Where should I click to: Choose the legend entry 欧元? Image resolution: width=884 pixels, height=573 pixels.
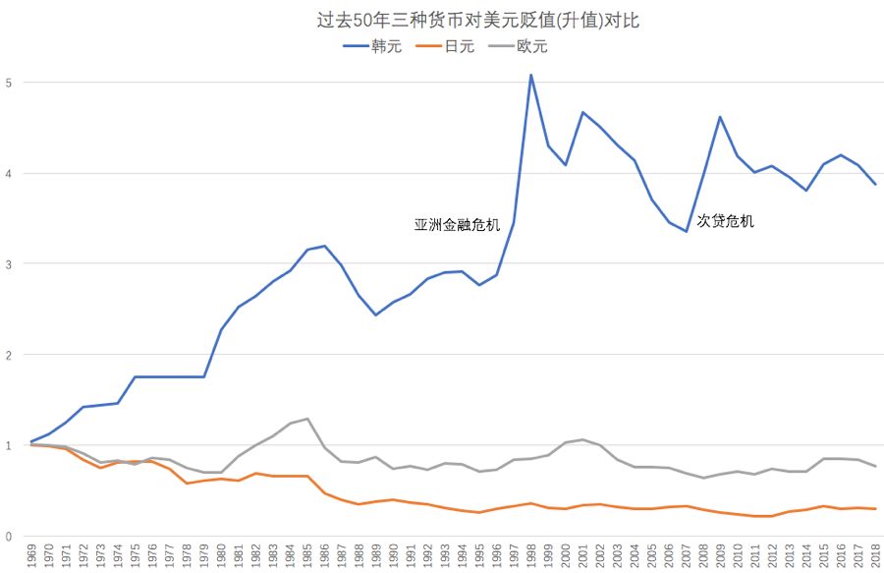coord(531,46)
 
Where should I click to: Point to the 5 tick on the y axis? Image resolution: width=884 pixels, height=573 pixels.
coord(9,83)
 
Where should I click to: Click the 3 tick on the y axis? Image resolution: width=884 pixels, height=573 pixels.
coord(9,264)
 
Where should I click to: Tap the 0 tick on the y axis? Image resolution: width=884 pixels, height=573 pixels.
coord(9,537)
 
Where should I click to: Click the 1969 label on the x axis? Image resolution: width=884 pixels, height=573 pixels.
coord(33,556)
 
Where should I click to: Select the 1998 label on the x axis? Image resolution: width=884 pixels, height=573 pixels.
coord(531,556)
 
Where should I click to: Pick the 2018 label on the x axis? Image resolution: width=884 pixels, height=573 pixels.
coord(874,556)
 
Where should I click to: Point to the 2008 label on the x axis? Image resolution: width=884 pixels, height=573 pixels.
coord(702,556)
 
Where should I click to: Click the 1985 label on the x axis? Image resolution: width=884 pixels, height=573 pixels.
coord(308,556)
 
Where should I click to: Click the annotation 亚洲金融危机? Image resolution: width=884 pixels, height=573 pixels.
coord(457,225)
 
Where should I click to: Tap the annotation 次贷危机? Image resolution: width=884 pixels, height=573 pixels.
coord(726,222)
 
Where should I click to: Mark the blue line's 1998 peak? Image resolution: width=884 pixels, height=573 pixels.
coord(531,75)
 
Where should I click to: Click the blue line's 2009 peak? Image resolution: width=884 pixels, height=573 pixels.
coord(720,117)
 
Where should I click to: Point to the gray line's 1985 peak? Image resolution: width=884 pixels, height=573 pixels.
coord(308,419)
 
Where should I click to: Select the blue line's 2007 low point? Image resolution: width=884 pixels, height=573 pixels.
coord(687,232)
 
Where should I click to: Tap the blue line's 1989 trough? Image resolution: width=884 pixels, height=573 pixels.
coord(376,315)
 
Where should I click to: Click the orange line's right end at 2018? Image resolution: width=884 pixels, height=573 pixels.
coord(874,509)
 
